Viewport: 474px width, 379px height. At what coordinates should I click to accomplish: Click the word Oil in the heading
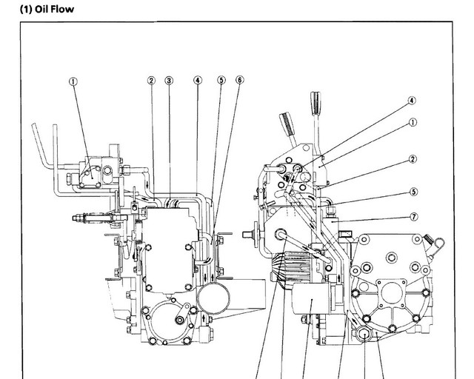(41, 9)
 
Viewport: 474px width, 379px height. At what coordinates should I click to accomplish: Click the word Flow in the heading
(62, 9)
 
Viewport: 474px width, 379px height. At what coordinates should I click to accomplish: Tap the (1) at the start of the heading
(26, 10)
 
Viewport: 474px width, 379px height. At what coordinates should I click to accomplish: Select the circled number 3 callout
(169, 81)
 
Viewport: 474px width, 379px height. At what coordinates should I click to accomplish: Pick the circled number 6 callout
(239, 80)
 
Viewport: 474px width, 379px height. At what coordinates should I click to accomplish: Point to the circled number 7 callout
(414, 217)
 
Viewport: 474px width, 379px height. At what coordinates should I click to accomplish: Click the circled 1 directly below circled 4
(413, 122)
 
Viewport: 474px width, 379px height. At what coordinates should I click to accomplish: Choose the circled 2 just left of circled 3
(151, 81)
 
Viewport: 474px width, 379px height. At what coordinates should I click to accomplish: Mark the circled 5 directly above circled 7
(414, 192)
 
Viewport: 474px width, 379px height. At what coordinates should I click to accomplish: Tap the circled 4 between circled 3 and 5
(198, 81)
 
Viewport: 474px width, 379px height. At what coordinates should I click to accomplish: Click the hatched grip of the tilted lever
(287, 124)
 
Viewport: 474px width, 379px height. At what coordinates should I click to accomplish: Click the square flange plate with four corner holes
(391, 293)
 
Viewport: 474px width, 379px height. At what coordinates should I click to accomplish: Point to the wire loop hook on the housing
(438, 244)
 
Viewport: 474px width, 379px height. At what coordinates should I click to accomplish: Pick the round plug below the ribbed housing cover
(364, 335)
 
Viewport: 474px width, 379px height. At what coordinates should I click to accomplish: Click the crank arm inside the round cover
(184, 315)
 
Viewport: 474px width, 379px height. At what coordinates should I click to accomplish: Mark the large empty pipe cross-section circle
(213, 298)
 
